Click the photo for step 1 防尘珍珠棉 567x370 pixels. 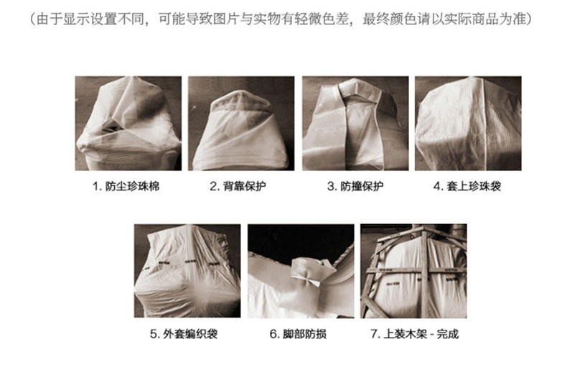click(x=128, y=123)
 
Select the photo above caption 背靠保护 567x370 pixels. click(x=241, y=123)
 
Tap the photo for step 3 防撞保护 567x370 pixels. click(x=355, y=123)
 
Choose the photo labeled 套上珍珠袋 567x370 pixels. click(x=468, y=123)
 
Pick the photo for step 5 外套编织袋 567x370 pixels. click(x=187, y=271)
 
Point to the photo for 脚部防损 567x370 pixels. click(x=301, y=271)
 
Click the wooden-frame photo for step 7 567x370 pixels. click(x=413, y=271)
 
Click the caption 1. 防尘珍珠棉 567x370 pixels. click(x=126, y=187)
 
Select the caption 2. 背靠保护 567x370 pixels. click(x=238, y=187)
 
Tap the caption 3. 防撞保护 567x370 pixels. click(x=355, y=187)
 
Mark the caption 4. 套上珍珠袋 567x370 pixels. click(x=467, y=187)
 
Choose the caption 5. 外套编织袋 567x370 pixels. click(x=184, y=334)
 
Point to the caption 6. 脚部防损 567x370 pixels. click(x=298, y=334)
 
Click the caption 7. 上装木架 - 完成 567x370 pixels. click(x=415, y=334)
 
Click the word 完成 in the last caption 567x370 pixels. click(x=448, y=334)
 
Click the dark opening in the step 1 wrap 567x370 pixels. click(x=111, y=126)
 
